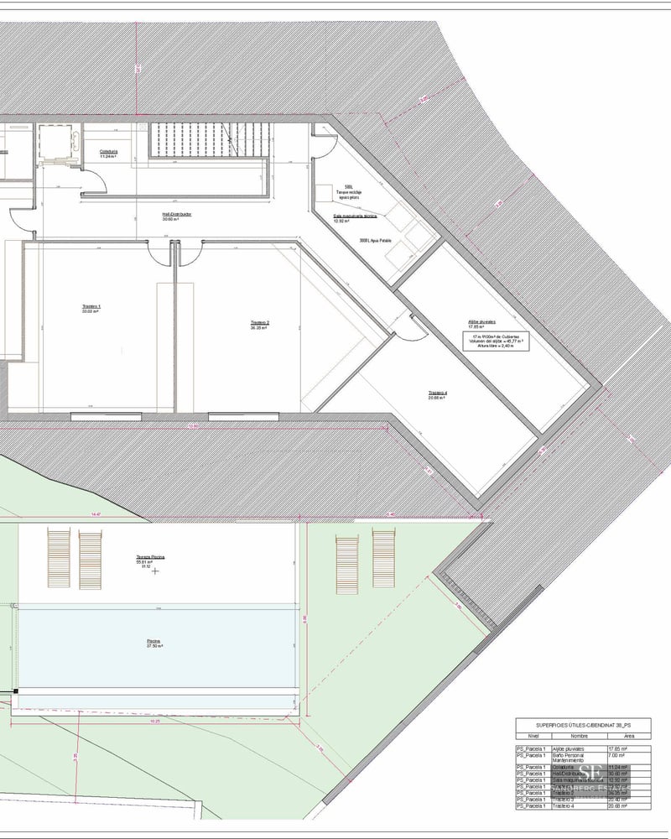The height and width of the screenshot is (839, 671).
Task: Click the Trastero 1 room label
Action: (x=91, y=308)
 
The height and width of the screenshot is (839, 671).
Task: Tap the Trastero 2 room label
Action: (x=259, y=324)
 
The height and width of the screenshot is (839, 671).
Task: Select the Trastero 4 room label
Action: (x=436, y=394)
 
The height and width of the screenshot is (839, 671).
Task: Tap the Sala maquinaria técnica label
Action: (x=355, y=217)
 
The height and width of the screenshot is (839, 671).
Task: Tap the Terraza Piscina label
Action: (x=149, y=557)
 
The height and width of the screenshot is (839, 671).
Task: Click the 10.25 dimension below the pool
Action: (x=153, y=721)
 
